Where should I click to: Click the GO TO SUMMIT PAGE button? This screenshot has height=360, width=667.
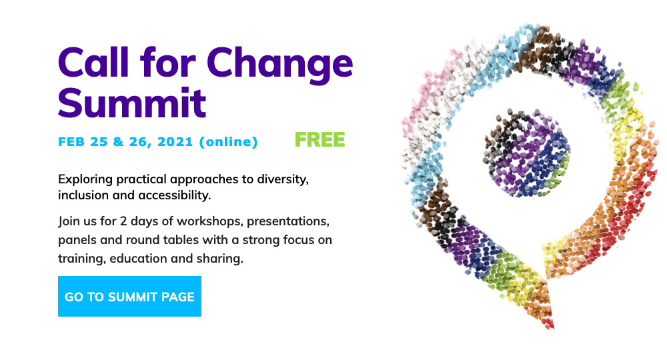[129, 296]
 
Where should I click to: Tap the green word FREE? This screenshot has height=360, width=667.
[320, 140]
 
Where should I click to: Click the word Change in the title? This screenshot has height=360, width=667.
[280, 64]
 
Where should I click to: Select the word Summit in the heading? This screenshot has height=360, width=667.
[132, 103]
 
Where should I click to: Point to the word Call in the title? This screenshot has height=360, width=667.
[93, 63]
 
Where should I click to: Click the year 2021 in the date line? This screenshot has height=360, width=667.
[175, 142]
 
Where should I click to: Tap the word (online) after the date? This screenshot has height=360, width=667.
[228, 142]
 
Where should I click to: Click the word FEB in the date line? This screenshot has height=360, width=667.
[71, 142]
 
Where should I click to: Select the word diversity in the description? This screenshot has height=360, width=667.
[283, 179]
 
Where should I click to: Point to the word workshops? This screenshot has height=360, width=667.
[209, 221]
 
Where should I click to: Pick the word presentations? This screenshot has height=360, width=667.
[288, 221]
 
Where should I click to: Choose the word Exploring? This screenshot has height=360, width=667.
[85, 179]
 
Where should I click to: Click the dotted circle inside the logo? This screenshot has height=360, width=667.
[526, 153]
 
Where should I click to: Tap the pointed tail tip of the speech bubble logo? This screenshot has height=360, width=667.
[552, 327]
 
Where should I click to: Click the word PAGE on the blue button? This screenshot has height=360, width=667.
[178, 297]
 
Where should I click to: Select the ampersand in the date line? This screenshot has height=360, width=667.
[118, 142]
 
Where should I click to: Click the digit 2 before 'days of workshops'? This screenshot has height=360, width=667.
[123, 221]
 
